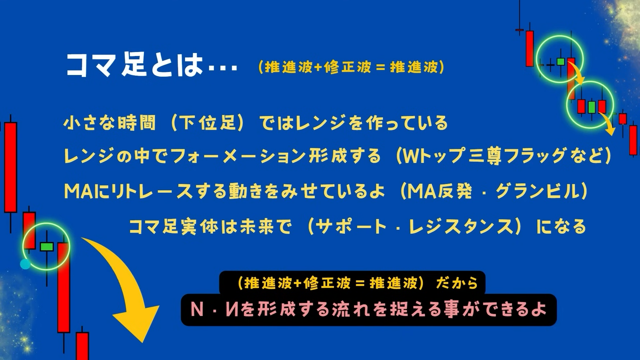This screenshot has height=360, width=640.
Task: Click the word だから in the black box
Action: point(457,283)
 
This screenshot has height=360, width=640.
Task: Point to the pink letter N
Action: point(197,309)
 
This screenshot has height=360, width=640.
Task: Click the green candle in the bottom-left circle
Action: point(47,247)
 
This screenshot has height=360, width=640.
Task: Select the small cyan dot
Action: point(25,264)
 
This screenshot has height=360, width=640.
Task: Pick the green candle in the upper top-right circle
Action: point(561,61)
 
